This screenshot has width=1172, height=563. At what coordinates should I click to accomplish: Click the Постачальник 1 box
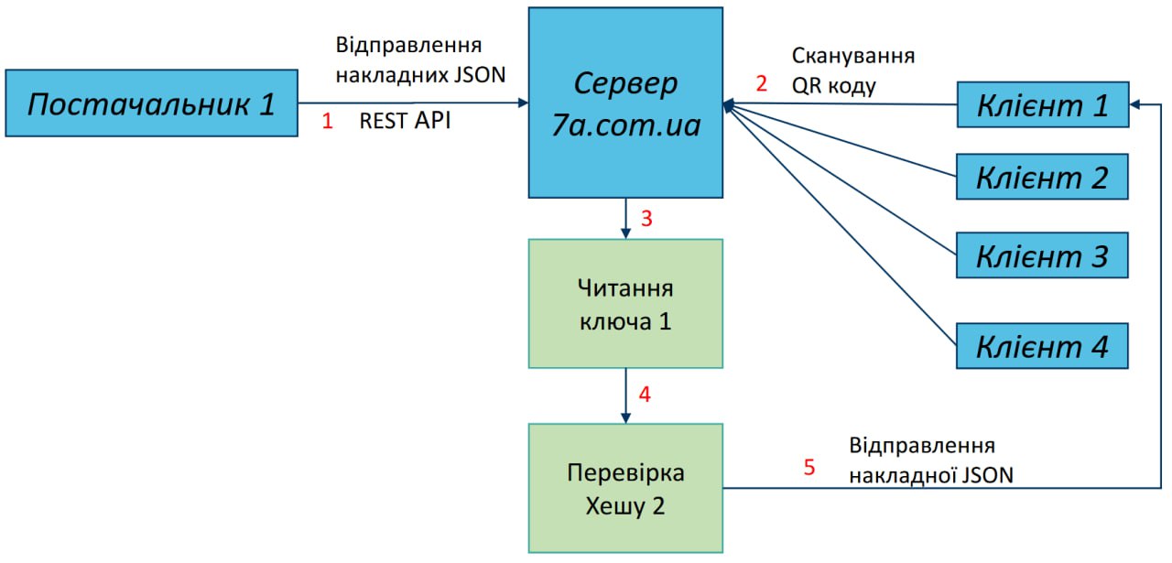(151, 103)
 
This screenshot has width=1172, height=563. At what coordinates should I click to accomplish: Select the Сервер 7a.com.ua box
(626, 103)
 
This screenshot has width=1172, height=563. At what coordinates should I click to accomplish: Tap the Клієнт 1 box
(1042, 105)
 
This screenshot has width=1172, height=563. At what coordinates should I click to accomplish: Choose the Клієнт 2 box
(1042, 176)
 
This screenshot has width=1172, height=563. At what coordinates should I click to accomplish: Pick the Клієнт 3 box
(1042, 254)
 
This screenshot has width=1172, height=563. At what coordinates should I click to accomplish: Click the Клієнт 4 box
(1042, 346)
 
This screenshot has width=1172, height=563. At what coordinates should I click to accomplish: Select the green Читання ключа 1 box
(626, 304)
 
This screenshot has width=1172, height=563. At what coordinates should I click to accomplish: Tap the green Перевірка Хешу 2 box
(626, 488)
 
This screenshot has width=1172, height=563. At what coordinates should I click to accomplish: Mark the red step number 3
(646, 220)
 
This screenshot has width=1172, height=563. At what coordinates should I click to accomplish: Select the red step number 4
(645, 395)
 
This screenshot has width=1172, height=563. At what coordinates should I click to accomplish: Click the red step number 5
(809, 468)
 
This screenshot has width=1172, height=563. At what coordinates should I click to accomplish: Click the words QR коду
(834, 86)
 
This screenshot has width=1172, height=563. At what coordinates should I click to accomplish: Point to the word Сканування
(853, 56)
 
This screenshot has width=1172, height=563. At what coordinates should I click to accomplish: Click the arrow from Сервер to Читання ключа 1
(625, 219)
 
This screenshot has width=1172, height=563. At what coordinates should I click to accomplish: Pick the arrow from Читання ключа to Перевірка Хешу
(625, 395)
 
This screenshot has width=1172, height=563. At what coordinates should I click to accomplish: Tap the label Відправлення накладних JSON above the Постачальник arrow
(419, 60)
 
